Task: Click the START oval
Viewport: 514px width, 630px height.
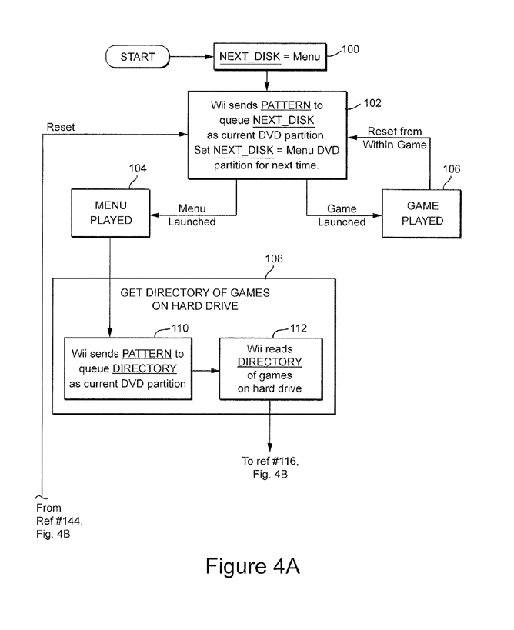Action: coord(138,56)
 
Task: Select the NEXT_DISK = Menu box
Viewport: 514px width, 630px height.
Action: coord(269,56)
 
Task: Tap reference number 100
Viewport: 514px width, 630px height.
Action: coord(349,50)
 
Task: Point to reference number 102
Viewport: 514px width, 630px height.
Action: coord(372,102)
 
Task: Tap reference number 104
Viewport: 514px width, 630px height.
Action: coord(138,168)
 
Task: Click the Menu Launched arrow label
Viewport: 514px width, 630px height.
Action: coord(192,215)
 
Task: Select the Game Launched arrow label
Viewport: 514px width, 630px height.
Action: coord(342,215)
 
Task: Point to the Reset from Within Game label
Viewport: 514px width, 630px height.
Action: coord(394,137)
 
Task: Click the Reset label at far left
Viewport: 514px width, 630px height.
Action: coord(61,127)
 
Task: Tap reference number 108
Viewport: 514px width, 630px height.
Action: coord(273,259)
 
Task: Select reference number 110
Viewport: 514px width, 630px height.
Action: coord(179,328)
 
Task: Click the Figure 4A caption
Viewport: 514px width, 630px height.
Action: coord(252,567)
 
